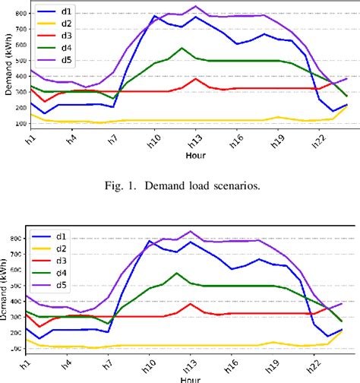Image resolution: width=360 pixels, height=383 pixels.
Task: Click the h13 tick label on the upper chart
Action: [196, 140]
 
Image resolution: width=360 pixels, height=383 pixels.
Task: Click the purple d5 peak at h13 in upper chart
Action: [196, 7]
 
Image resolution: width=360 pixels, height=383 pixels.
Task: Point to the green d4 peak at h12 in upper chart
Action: [182, 49]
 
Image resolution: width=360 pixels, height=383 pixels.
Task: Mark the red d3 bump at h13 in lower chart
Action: [196, 304]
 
